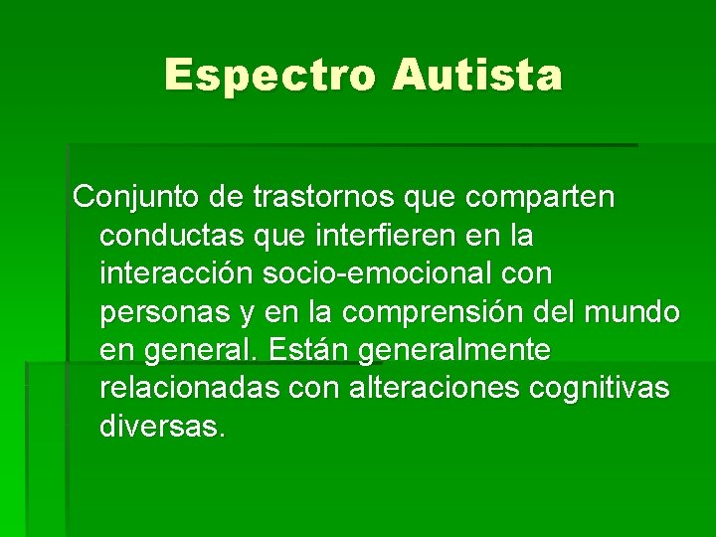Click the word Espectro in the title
click(269, 75)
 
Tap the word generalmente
click(454, 350)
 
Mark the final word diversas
click(162, 427)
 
